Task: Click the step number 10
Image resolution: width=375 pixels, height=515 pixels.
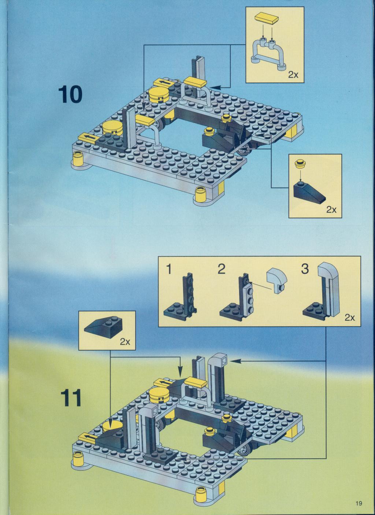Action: (x=70, y=95)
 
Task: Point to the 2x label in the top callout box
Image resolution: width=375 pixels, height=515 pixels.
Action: (x=293, y=75)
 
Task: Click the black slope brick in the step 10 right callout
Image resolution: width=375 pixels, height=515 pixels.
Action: (x=309, y=191)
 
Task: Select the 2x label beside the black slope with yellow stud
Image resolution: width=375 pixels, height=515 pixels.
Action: (x=331, y=210)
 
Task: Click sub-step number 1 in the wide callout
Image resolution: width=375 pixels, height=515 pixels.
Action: (x=169, y=269)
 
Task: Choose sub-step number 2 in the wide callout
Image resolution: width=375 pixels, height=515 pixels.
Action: (x=221, y=269)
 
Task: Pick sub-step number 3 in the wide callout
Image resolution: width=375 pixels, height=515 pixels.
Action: (x=305, y=269)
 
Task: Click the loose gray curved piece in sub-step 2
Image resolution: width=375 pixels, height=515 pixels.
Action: (x=277, y=280)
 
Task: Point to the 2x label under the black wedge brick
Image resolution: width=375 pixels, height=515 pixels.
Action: (x=125, y=342)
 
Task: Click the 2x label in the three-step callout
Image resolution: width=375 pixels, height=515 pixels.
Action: (x=350, y=318)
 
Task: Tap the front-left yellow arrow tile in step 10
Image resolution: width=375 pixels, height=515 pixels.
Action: (x=87, y=138)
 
